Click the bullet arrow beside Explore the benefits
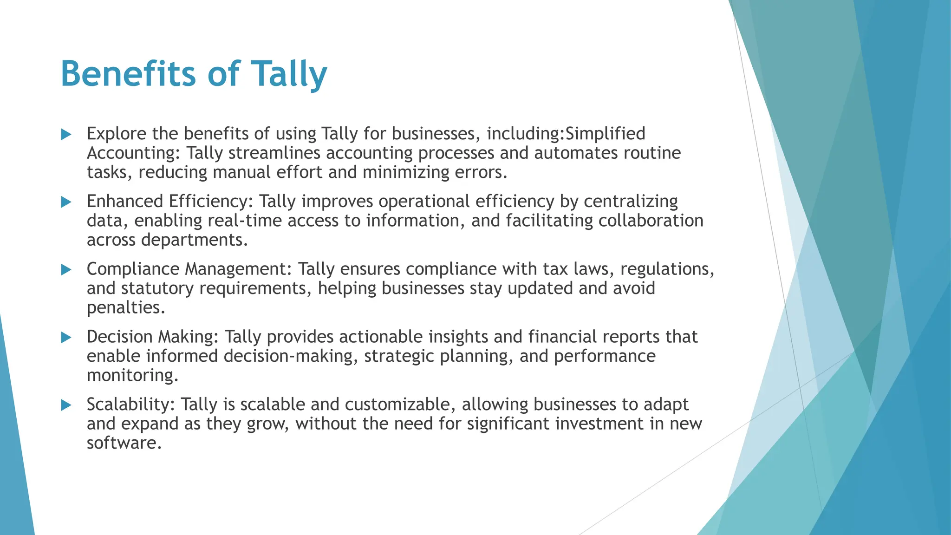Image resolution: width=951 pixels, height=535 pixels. tap(66, 135)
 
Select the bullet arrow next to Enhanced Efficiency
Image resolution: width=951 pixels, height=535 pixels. tap(66, 202)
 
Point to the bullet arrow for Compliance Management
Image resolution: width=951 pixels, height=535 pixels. tap(66, 270)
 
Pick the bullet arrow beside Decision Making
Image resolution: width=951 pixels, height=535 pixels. tap(66, 338)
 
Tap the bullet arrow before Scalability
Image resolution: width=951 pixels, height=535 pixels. tap(66, 405)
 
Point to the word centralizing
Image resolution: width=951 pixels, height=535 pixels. tap(631, 202)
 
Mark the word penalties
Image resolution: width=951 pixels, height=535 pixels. tap(126, 307)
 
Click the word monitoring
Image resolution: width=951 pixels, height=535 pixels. tap(132, 375)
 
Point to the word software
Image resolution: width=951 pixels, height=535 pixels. tap(124, 443)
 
